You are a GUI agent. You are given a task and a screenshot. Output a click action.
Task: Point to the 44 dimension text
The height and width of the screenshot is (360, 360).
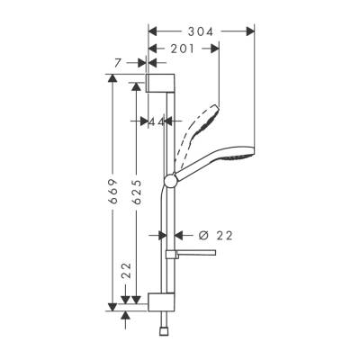tap(157, 121)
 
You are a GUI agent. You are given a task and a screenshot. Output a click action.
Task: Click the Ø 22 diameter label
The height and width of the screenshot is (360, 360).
tap(215, 235)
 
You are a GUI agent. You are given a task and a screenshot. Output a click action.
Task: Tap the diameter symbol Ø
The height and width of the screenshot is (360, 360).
tap(202, 235)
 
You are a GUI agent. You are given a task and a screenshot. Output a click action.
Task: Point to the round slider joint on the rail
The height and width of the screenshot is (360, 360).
tap(169, 183)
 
